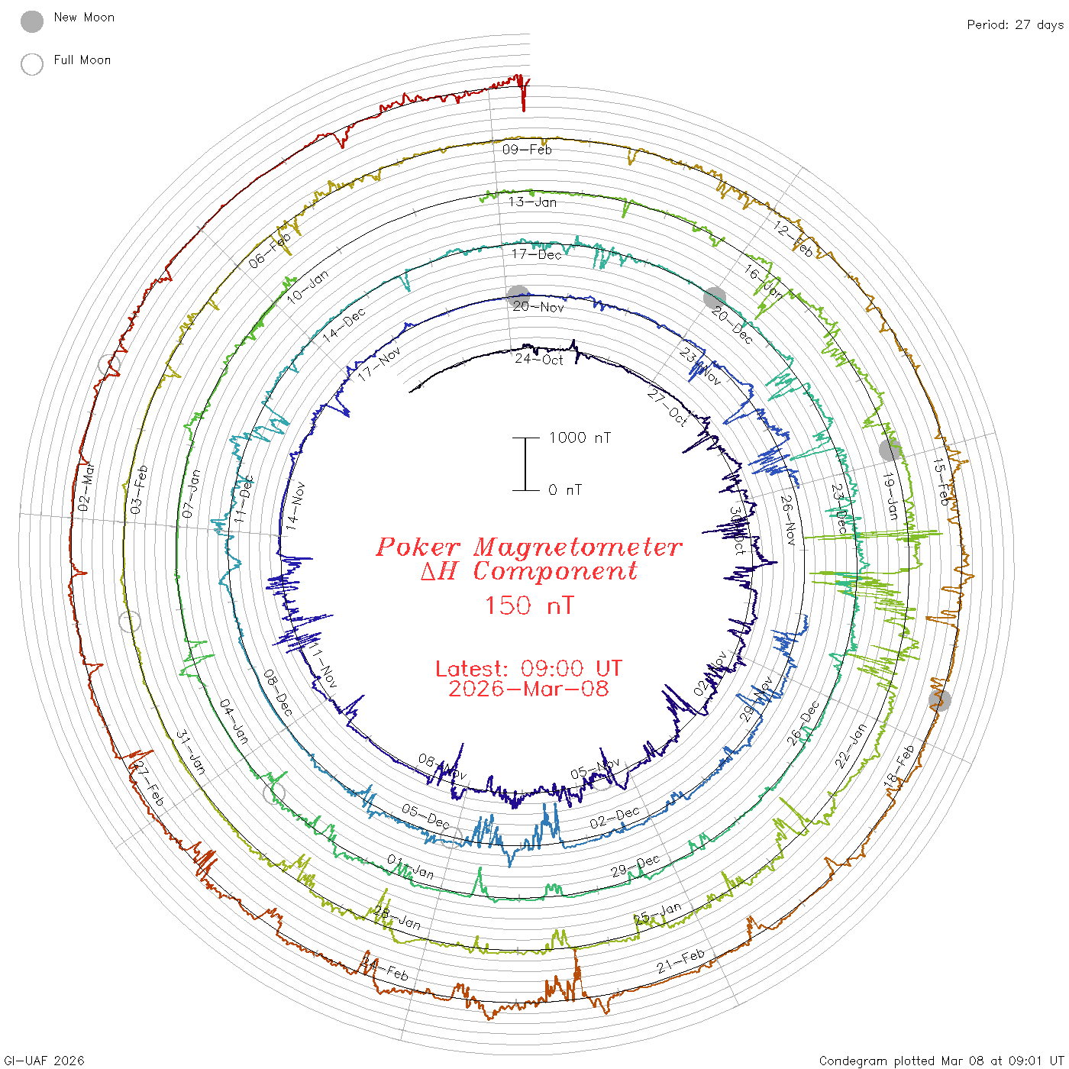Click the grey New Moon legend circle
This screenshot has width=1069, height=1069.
click(x=32, y=21)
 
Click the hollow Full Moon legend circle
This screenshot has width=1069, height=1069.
click(x=32, y=64)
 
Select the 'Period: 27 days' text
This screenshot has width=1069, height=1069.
click(x=1015, y=24)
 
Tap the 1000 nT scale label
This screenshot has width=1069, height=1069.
click(x=580, y=438)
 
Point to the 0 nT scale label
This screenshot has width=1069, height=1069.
click(x=564, y=489)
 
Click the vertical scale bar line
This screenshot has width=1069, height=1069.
click(x=525, y=463)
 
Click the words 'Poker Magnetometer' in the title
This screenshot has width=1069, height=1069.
click(x=528, y=547)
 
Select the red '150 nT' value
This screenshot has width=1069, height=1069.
click(x=528, y=606)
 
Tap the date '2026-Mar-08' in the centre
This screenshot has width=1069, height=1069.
click(x=528, y=689)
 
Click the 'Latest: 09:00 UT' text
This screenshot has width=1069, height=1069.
click(x=528, y=669)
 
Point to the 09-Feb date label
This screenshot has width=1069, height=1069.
click(x=527, y=150)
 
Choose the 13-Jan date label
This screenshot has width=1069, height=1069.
click(x=532, y=202)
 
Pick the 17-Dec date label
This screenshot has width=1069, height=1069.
click(x=536, y=254)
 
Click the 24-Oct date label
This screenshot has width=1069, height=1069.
click(x=538, y=359)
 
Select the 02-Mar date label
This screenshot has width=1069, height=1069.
click(x=86, y=487)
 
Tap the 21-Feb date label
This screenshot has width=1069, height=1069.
click(x=680, y=961)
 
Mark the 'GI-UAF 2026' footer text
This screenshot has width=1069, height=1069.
click(x=44, y=1061)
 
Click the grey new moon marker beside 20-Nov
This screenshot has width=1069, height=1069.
click(x=518, y=296)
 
